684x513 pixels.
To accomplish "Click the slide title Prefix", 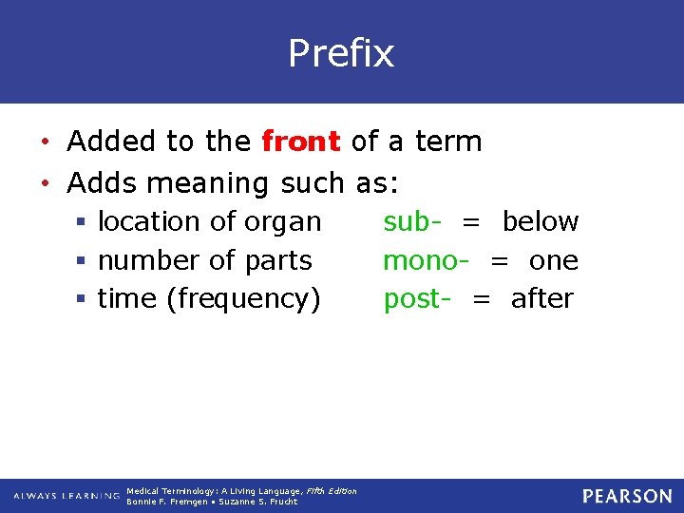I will click(x=341, y=53).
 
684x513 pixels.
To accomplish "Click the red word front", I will click(x=301, y=142).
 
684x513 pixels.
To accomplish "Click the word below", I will click(x=540, y=221).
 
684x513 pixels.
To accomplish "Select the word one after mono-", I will click(x=554, y=260).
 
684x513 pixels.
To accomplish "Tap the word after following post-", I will click(x=541, y=298).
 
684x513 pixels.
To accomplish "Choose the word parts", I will click(x=278, y=261).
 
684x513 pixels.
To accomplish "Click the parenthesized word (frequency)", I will click(x=244, y=299).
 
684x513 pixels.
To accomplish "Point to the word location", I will click(x=149, y=221).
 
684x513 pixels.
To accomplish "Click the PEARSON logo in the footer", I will click(x=627, y=496).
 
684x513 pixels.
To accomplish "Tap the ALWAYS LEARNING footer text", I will click(x=66, y=496).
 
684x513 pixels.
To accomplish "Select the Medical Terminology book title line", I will click(x=241, y=491).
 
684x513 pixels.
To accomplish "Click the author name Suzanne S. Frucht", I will click(x=258, y=502).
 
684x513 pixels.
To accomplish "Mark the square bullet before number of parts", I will click(x=84, y=261).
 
